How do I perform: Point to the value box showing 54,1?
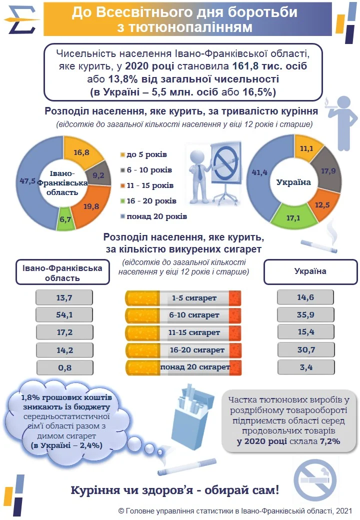64,315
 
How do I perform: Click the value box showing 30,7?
305,350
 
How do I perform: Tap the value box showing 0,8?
64,367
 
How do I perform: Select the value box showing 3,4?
305,367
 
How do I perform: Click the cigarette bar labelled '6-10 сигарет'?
183,315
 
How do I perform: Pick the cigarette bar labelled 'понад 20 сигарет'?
183,367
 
